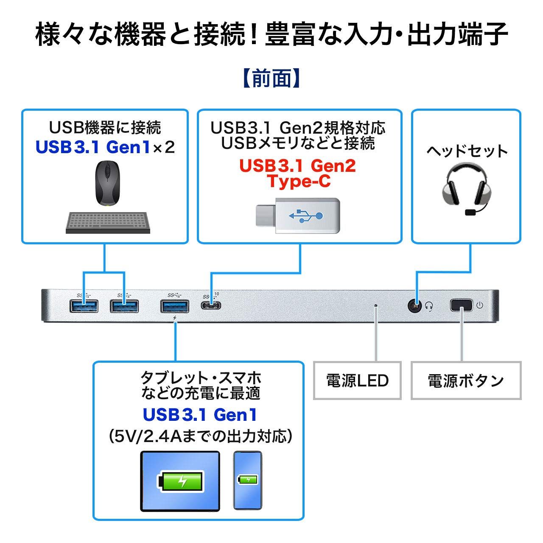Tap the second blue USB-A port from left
pyautogui.click(x=124, y=306)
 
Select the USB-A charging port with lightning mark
pyautogui.click(x=174, y=306)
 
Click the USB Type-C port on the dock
pyautogui.click(x=212, y=306)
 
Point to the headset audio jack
pyautogui.click(x=415, y=305)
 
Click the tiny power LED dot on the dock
pyautogui.click(x=376, y=305)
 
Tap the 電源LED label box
pyautogui.click(x=357, y=381)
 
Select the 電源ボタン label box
pyautogui.click(x=466, y=381)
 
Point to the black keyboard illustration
pyautogui.click(x=108, y=222)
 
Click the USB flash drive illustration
pyautogui.click(x=299, y=216)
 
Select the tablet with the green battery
pyautogui.click(x=180, y=481)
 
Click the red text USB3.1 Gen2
pyautogui.click(x=297, y=165)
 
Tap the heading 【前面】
pyautogui.click(x=271, y=78)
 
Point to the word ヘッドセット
pyautogui.click(x=467, y=151)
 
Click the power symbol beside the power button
pyautogui.click(x=480, y=305)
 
